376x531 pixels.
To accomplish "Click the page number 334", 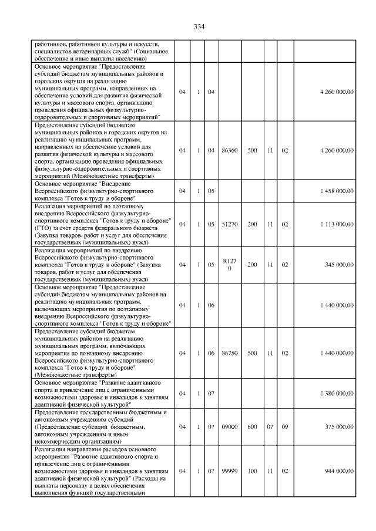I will (x=199, y=26).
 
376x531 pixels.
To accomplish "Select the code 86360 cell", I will (x=229, y=151).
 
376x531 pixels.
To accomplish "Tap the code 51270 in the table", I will (x=229, y=224).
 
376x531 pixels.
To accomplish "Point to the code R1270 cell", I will (x=229, y=265).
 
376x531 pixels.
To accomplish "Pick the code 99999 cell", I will (x=229, y=471).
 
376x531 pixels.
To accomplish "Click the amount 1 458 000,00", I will (x=337, y=191).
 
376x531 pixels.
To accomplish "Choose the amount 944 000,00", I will (x=340, y=471).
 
